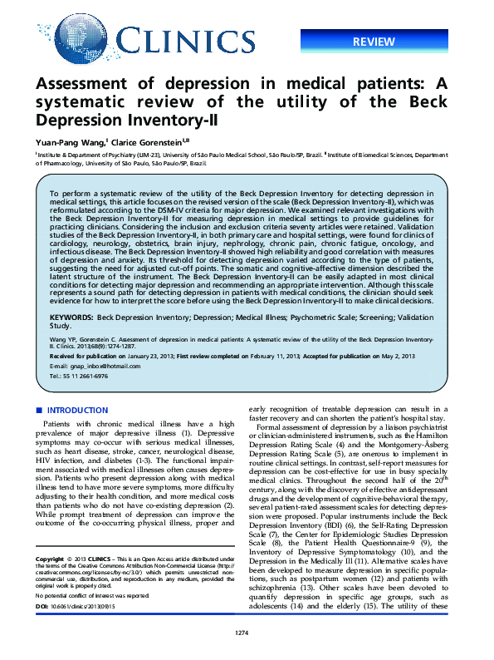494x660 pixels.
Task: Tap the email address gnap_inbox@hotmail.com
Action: [84, 366]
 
